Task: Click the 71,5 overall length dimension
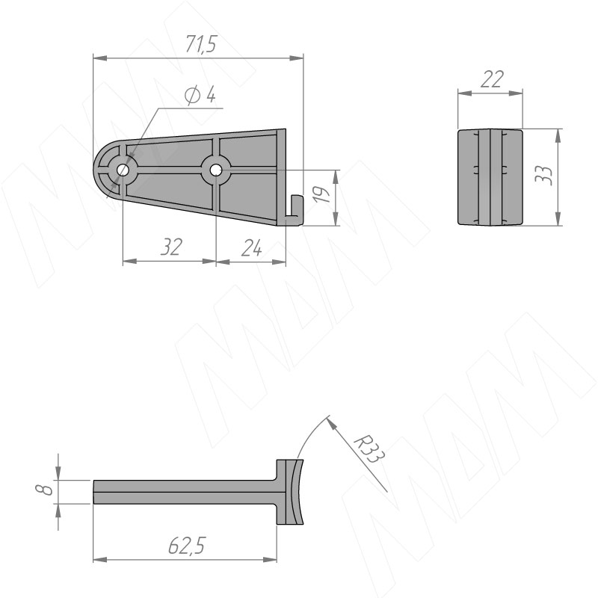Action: [x=201, y=44]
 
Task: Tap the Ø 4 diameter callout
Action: [x=200, y=95]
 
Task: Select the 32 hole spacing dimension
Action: [x=171, y=247]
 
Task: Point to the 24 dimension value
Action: [x=251, y=248]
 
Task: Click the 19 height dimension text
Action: [x=323, y=194]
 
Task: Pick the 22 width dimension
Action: [x=492, y=79]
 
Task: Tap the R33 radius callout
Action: [x=369, y=450]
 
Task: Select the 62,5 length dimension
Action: [x=187, y=546]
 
